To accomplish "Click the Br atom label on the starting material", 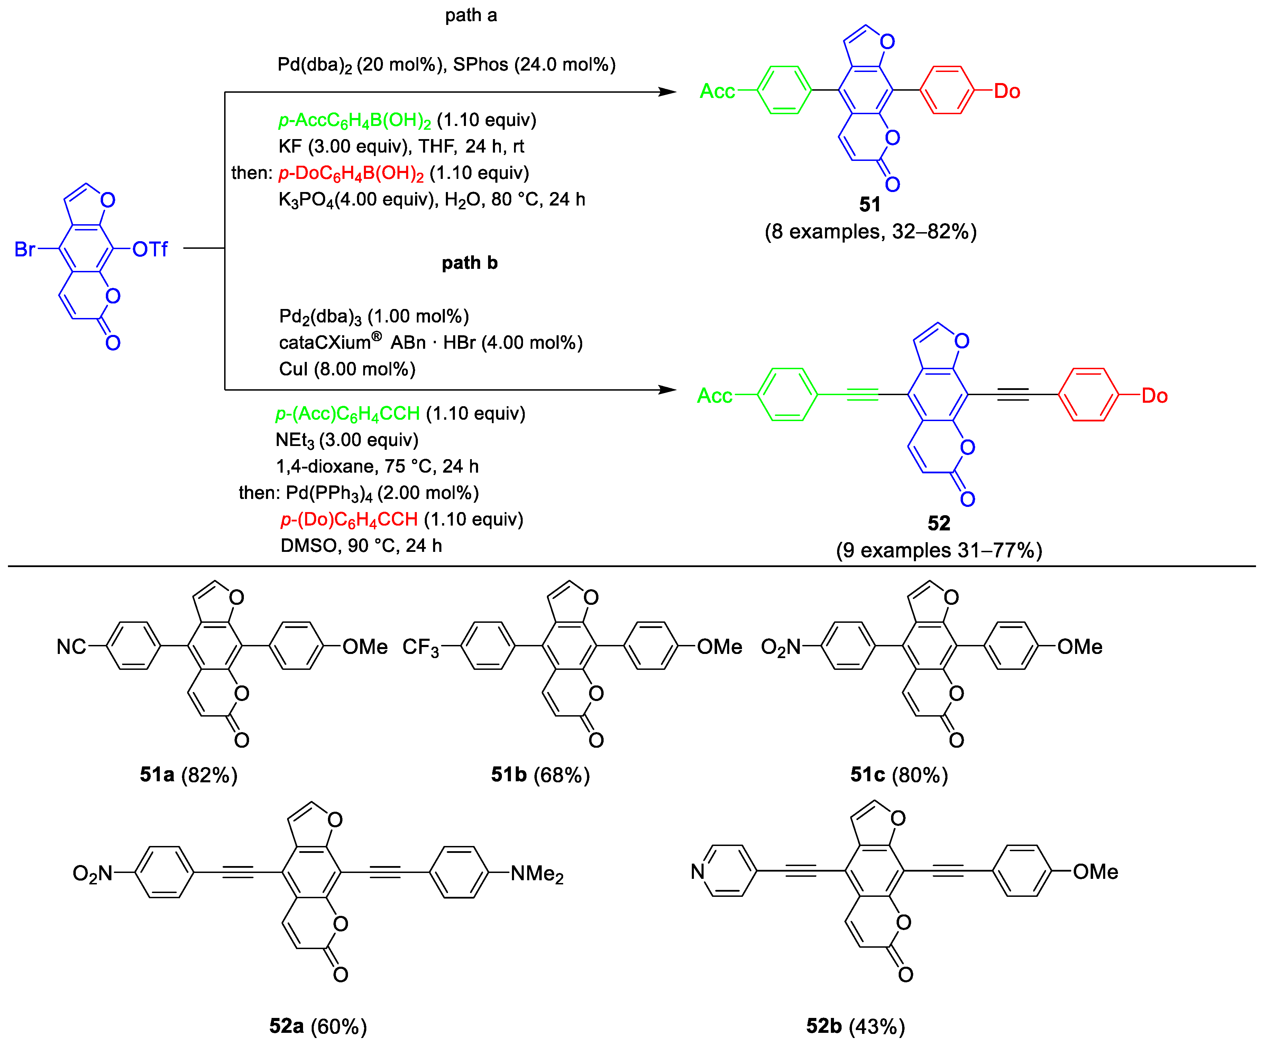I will point(24,249).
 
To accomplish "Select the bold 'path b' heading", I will point(469,263).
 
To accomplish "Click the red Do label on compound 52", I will point(1154,396).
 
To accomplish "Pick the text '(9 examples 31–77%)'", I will point(938,550).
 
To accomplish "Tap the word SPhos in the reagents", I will point(480,64).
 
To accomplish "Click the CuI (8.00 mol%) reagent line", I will point(347,369).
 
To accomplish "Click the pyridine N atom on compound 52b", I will point(698,871).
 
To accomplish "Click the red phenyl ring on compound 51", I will point(947,90).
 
